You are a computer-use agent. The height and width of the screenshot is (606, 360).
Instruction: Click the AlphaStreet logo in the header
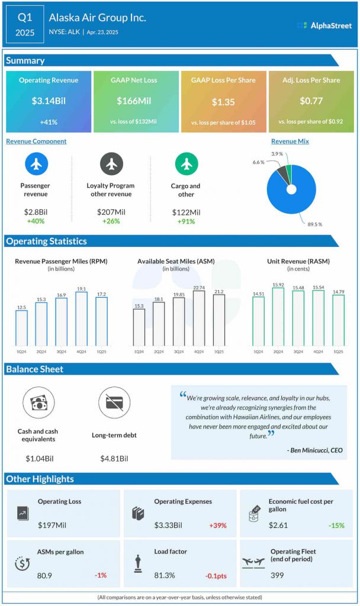[x=324, y=25]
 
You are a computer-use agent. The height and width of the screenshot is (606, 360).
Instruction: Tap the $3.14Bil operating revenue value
[x=49, y=101]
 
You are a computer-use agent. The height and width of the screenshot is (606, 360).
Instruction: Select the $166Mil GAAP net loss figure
[x=136, y=101]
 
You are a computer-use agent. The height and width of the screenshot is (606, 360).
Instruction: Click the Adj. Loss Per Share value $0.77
[x=311, y=101]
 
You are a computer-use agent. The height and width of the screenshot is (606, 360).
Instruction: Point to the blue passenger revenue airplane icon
[x=36, y=164]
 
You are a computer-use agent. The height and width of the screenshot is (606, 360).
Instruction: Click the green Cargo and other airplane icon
[x=187, y=164]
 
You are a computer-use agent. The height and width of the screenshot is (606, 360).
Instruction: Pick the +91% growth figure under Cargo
[x=187, y=221]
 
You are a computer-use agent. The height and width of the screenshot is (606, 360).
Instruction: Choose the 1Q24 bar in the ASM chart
[x=139, y=327]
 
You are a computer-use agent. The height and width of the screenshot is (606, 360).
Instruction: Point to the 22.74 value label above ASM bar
[x=198, y=288]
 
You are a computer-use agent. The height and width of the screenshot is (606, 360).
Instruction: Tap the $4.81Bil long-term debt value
[x=114, y=458]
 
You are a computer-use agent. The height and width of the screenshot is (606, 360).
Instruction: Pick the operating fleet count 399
[x=278, y=575]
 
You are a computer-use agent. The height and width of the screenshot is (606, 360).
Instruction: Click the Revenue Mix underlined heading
[x=290, y=141]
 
